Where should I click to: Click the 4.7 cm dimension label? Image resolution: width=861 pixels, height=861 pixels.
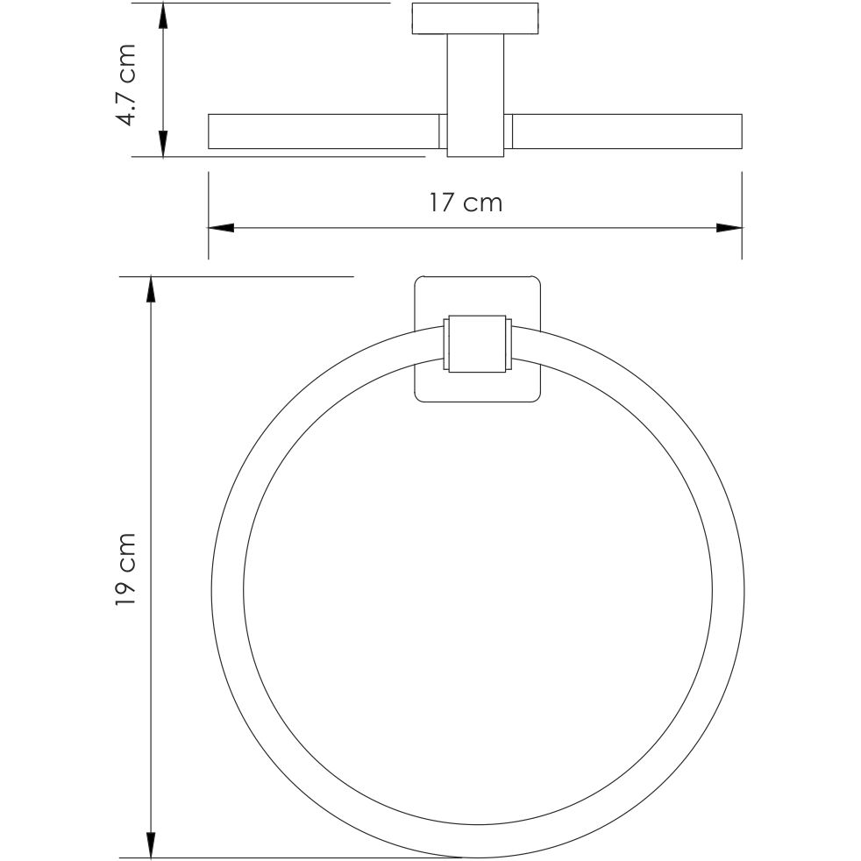[x=127, y=84]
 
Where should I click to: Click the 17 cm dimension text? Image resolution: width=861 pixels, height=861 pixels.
[x=466, y=203]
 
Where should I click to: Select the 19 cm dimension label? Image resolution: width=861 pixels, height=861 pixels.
[x=127, y=569]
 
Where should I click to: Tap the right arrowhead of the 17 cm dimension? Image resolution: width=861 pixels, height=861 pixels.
[x=729, y=228]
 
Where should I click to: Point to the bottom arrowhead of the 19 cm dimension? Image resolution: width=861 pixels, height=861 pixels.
[x=151, y=845]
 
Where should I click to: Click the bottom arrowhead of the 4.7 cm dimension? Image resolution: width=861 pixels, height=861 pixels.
[x=163, y=145]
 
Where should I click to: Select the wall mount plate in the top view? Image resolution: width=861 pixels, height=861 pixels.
[x=475, y=19]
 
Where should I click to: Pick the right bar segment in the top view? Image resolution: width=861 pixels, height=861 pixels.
[x=626, y=132]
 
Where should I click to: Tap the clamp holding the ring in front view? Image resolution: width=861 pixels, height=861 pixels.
[x=478, y=344]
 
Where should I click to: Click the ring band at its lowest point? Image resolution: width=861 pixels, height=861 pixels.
[x=478, y=843]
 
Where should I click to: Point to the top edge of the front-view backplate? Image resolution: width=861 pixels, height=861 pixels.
[x=478, y=280]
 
